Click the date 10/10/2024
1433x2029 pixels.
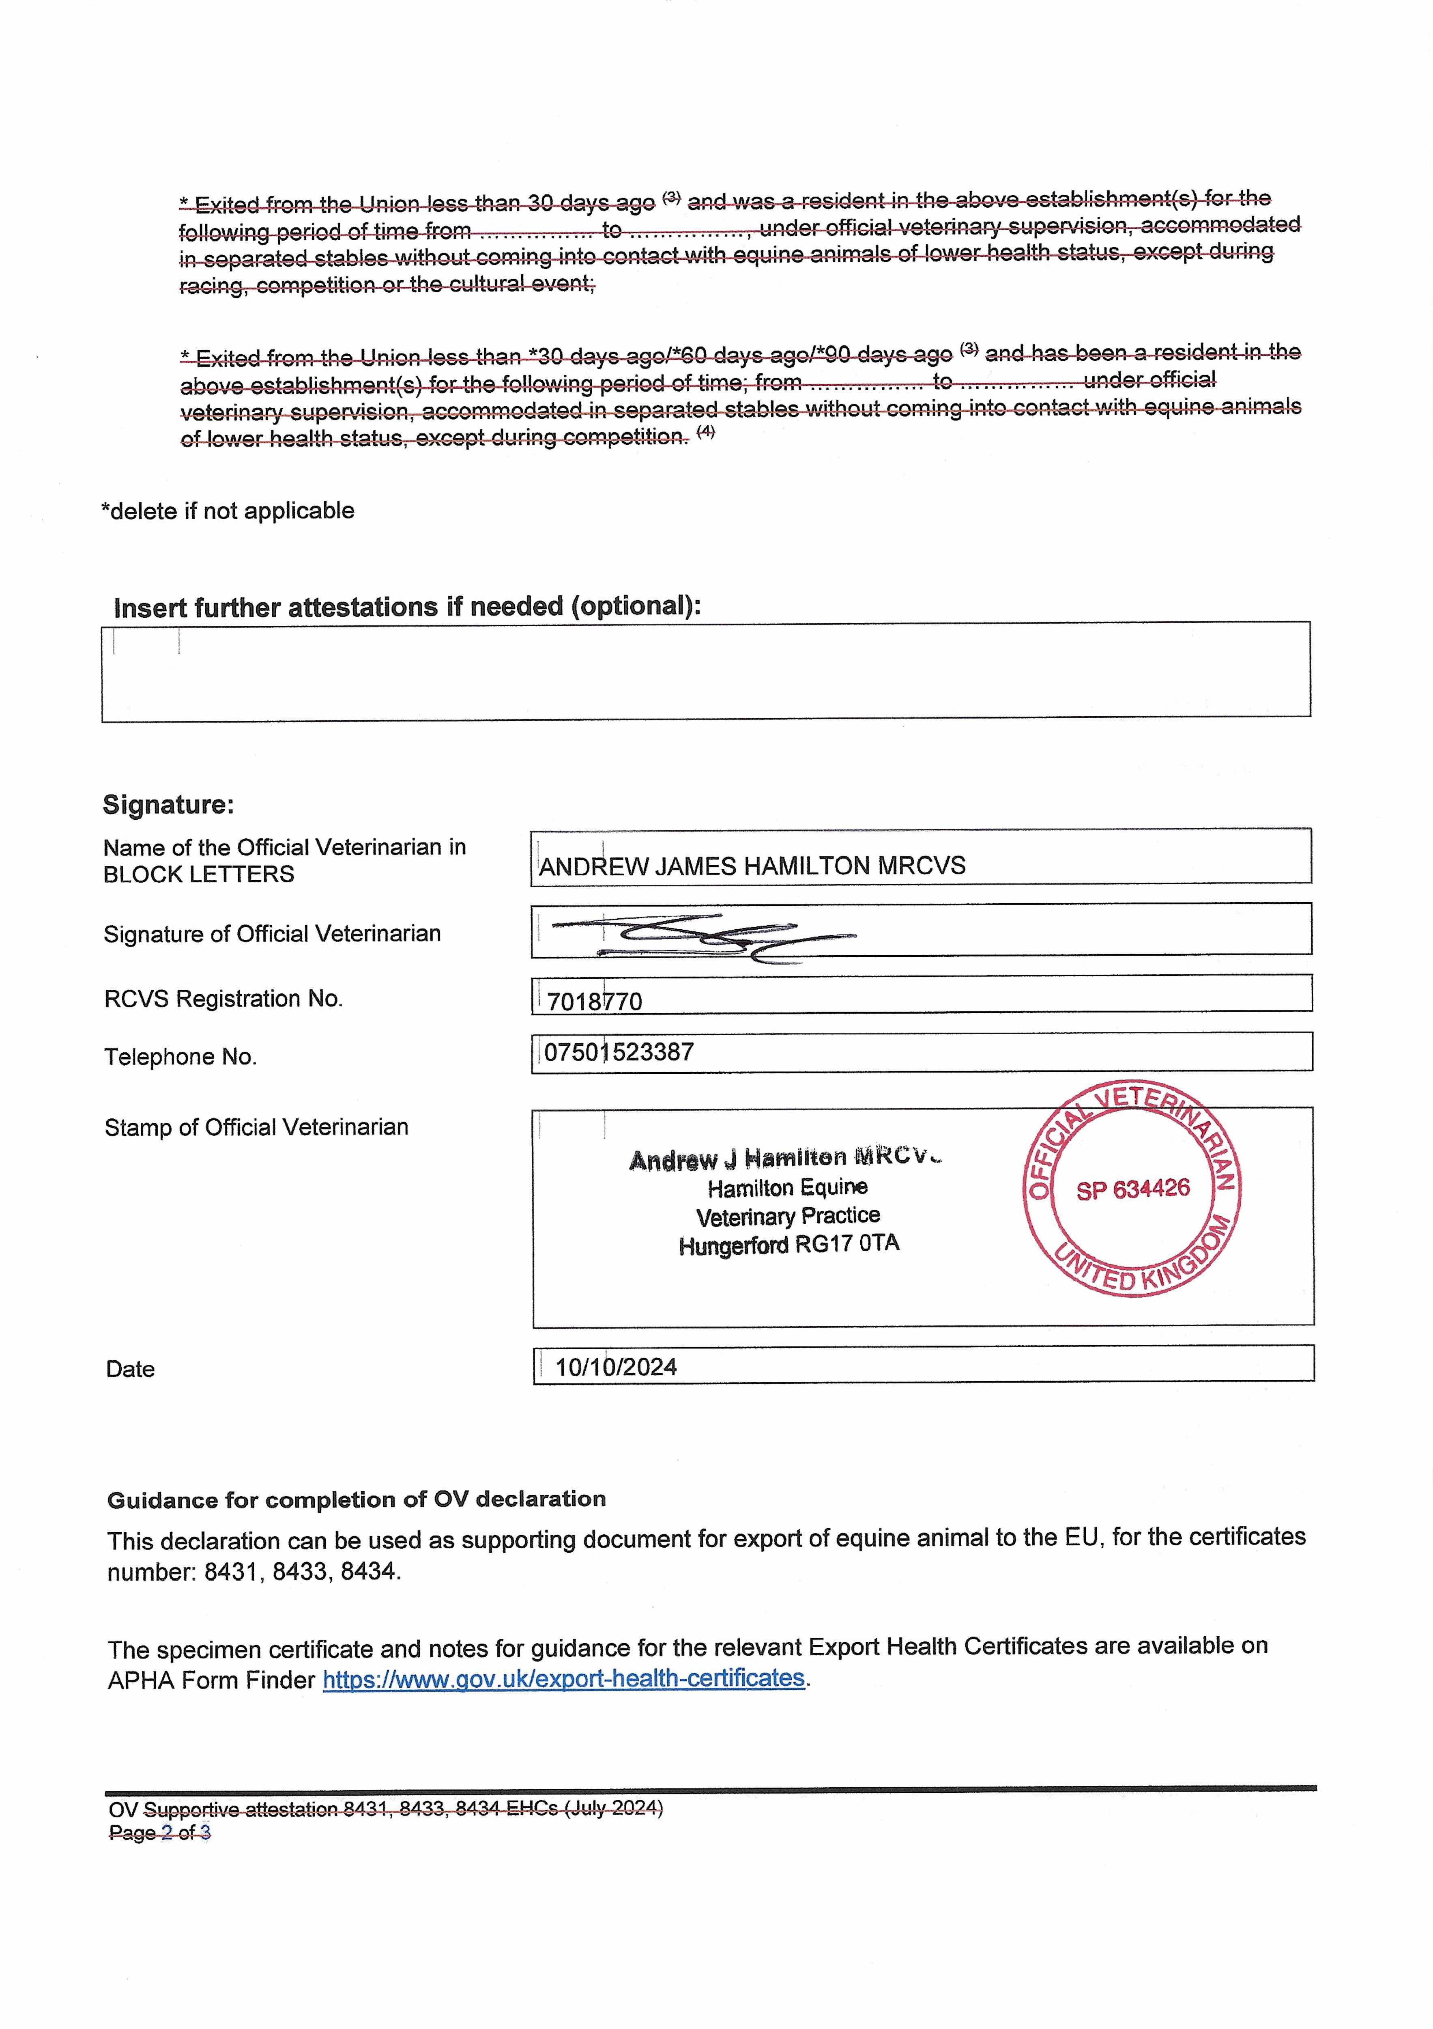click(616, 1367)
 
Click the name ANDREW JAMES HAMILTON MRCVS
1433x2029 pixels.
click(752, 866)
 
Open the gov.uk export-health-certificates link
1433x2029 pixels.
click(564, 1678)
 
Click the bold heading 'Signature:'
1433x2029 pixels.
click(168, 804)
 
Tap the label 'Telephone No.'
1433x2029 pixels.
click(180, 1057)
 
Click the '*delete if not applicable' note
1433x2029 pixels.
click(228, 511)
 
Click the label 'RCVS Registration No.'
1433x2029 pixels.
click(223, 999)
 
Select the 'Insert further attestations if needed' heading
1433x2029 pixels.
click(406, 607)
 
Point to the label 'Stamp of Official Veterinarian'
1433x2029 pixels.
click(256, 1128)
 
